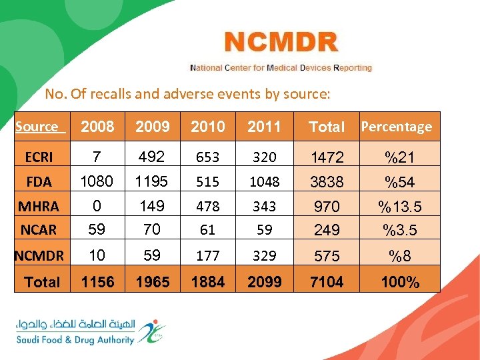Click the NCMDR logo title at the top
click(x=281, y=43)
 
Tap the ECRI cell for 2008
click(x=97, y=157)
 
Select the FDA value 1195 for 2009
click(x=153, y=181)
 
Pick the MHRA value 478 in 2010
click(x=207, y=206)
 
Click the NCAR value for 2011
click(x=264, y=230)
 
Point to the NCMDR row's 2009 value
click(x=153, y=255)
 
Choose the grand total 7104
click(x=327, y=282)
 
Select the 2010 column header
click(x=207, y=127)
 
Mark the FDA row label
click(x=39, y=181)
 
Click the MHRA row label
click(x=39, y=206)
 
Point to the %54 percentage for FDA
click(x=400, y=181)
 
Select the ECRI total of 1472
click(x=327, y=157)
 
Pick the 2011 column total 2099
click(x=264, y=282)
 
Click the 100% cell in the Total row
click(x=400, y=282)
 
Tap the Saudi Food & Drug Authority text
click(x=75, y=339)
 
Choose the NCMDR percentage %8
click(x=400, y=255)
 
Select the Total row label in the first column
click(x=42, y=282)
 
